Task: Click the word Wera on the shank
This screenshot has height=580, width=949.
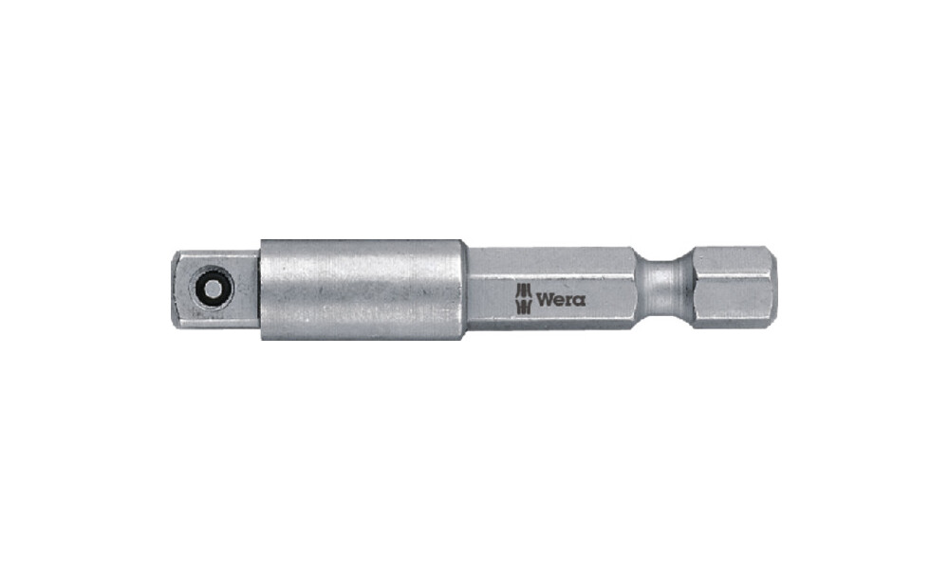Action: tap(561, 299)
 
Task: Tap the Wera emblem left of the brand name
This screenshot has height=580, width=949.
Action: tap(523, 298)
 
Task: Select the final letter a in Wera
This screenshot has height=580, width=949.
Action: tap(579, 300)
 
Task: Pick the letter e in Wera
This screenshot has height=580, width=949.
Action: tap(559, 300)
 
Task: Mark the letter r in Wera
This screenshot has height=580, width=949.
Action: tap(568, 300)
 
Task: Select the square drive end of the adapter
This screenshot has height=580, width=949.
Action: tap(216, 290)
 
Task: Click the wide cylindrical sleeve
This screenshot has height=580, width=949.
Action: tap(363, 290)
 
